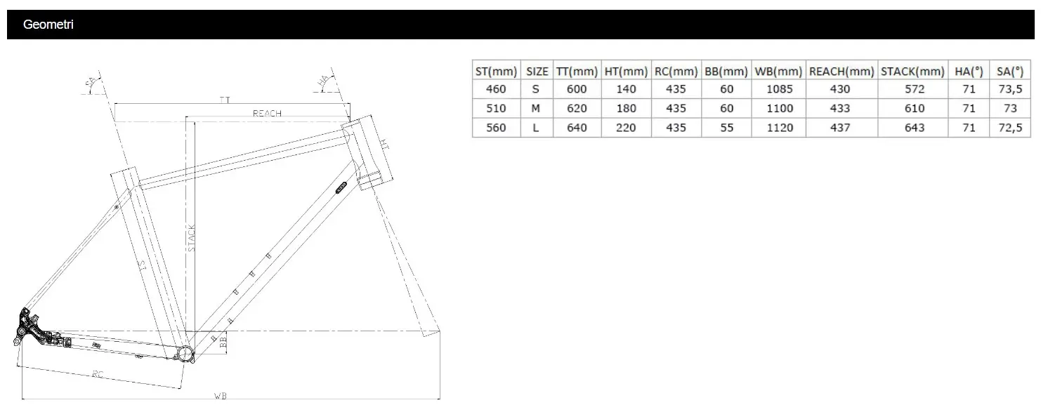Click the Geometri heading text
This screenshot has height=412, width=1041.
click(48, 25)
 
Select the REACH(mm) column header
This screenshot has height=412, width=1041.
click(841, 71)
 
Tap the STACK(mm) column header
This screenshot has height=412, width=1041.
click(912, 71)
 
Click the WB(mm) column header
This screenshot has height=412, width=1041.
click(778, 71)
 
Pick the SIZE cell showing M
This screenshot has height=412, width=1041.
click(535, 108)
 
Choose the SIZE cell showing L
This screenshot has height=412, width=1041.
click(535, 128)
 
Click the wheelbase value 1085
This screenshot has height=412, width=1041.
click(778, 89)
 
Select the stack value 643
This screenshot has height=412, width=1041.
click(915, 128)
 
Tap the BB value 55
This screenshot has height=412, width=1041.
click(726, 128)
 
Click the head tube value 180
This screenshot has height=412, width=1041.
click(625, 108)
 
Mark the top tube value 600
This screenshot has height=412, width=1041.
click(576, 89)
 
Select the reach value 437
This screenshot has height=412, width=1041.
click(839, 128)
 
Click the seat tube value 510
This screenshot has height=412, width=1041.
click(496, 108)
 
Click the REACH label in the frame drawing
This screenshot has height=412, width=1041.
click(266, 113)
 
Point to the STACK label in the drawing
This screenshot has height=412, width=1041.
click(192, 239)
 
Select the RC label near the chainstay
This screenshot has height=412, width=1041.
click(98, 374)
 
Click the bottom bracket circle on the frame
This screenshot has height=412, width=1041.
click(185, 352)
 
